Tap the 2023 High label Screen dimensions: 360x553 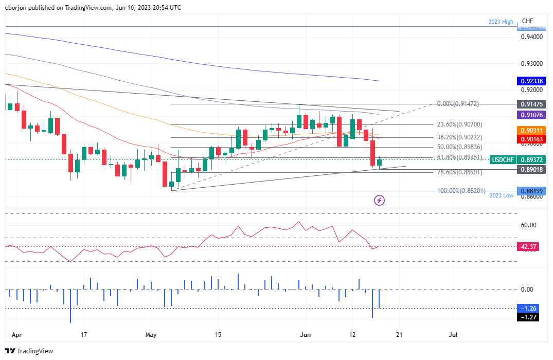(501, 22)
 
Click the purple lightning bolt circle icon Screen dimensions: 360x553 (380, 200)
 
